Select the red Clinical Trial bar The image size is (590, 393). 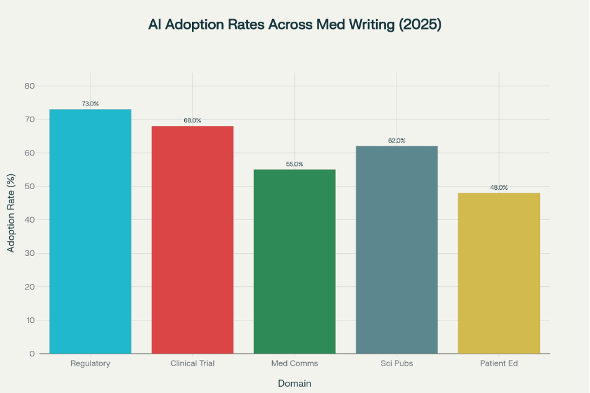pyautogui.click(x=192, y=240)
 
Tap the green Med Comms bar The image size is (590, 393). pyautogui.click(x=294, y=262)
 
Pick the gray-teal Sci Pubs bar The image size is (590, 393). pyautogui.click(x=397, y=250)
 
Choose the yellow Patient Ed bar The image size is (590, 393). pyautogui.click(x=499, y=273)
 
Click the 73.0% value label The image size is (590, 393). pyautogui.click(x=90, y=104)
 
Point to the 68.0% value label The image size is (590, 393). pyautogui.click(x=192, y=120)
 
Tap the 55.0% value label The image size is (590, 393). pyautogui.click(x=294, y=164)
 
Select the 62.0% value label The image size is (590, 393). pyautogui.click(x=397, y=141)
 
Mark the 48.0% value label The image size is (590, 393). pyautogui.click(x=499, y=187)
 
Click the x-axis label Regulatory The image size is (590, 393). pyautogui.click(x=90, y=363)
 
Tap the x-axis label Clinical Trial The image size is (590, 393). pyautogui.click(x=192, y=363)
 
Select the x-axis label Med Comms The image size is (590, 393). pyautogui.click(x=294, y=363)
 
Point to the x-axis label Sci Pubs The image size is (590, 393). pyautogui.click(x=397, y=363)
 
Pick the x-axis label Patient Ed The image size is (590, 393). pyautogui.click(x=499, y=363)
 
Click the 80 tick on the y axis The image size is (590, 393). pyautogui.click(x=29, y=86)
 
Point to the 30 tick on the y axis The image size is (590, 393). pyautogui.click(x=29, y=254)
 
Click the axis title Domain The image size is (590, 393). pyautogui.click(x=294, y=384)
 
